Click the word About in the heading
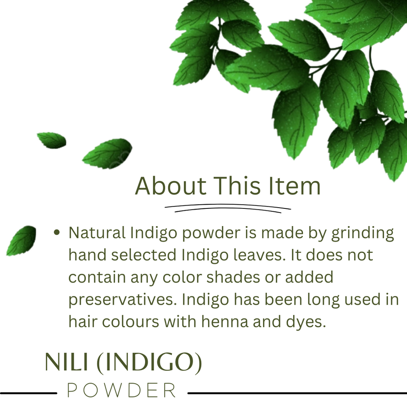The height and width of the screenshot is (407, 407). coord(171,186)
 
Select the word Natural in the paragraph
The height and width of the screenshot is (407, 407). coord(97,233)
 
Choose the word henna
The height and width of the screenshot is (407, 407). coord(225,322)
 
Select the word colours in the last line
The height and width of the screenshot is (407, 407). coord(130,322)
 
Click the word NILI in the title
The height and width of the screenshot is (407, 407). coord(67,362)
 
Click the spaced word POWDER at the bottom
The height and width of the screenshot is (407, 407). coord(121,390)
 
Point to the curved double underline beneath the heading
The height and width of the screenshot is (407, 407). coord(228,208)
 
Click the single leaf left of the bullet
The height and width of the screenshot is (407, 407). coord(21,240)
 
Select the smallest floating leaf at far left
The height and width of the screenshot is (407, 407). coord(52,140)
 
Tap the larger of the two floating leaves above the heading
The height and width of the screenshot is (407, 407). coord(107,154)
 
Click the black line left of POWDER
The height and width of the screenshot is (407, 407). coord(28,393)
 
